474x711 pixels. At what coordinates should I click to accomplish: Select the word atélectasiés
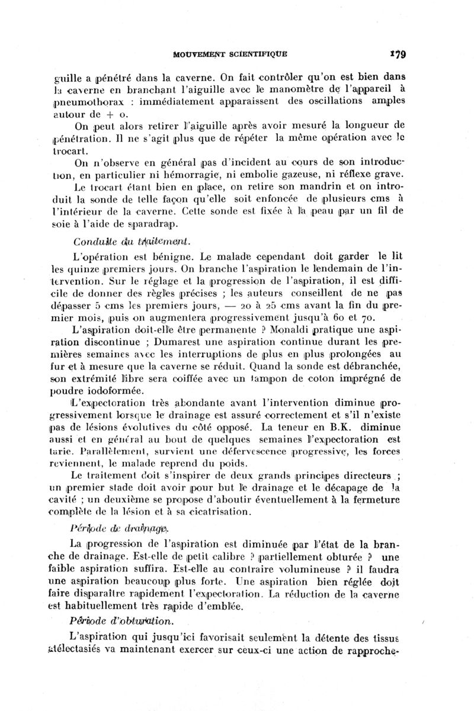94,651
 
